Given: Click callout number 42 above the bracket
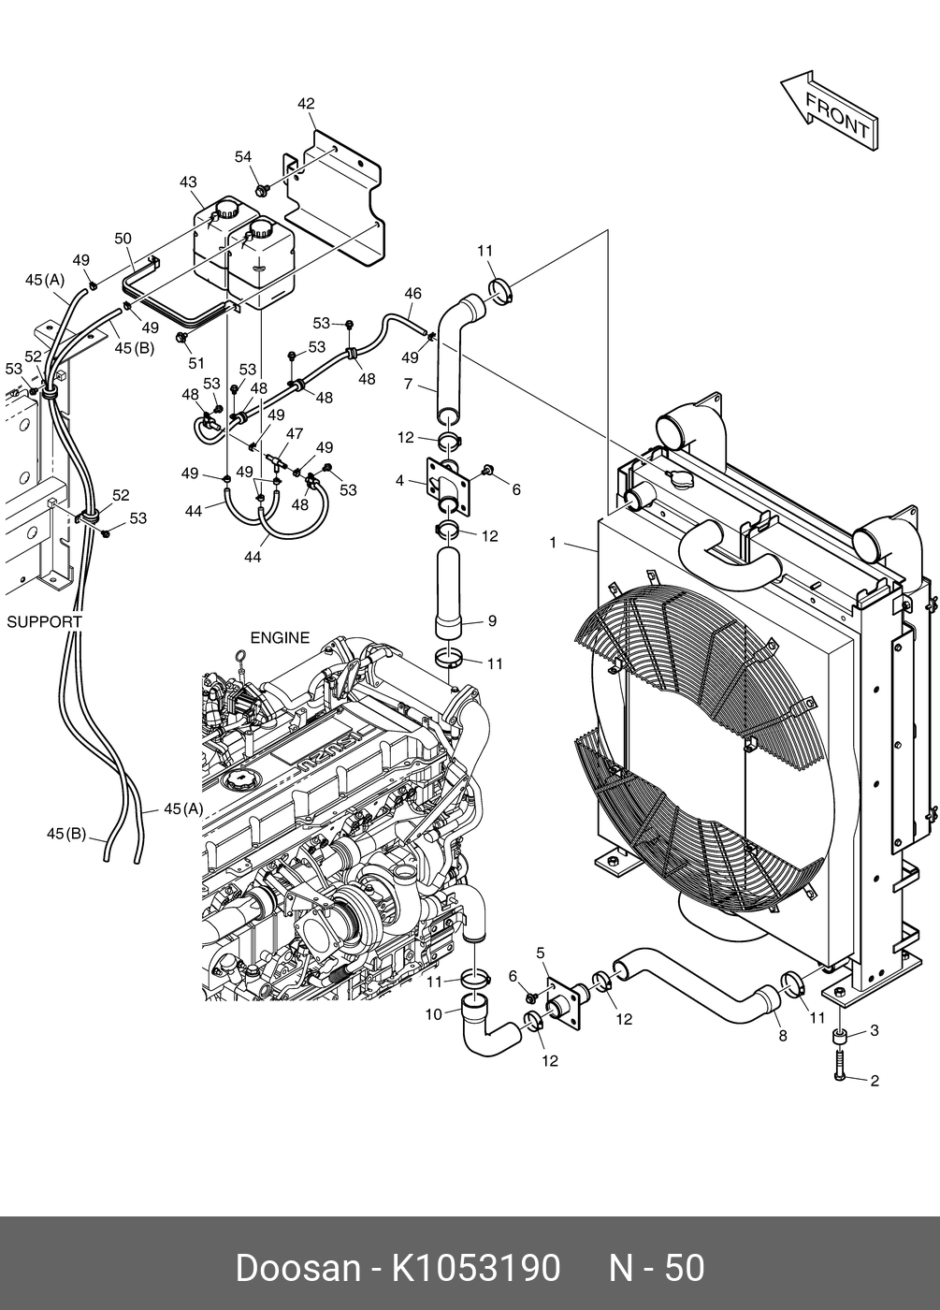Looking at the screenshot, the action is point(306,104).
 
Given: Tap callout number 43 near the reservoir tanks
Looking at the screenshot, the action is point(188,182).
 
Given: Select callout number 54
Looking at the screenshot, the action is point(243,157).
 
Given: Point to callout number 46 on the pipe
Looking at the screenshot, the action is point(412,294).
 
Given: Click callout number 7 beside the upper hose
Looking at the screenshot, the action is point(408,384).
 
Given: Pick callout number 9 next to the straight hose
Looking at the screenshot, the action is point(492,620).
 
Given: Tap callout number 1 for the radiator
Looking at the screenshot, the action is point(553,543).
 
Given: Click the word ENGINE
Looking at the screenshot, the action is point(280,637).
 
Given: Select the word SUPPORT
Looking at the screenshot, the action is point(45,621).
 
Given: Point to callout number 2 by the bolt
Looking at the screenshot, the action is point(875,1080).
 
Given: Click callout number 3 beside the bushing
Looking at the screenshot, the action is point(875,1030).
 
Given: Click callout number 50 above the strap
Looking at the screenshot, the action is point(123,239).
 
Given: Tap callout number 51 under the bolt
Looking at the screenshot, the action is point(195,363).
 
